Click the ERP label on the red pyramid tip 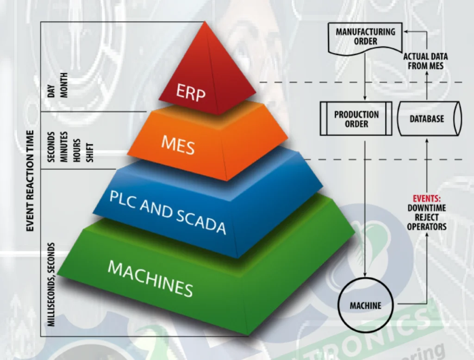point(191,92)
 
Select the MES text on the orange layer point(178,145)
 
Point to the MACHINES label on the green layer point(150,278)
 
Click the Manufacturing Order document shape point(365,37)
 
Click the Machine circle point(365,305)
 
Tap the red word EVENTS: point(426,199)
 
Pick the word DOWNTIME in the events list point(426,208)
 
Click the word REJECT point(426,217)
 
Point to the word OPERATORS point(426,226)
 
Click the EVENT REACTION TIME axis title point(30,180)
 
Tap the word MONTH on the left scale point(64,85)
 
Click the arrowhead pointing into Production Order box point(365,99)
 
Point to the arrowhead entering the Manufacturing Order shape point(403,31)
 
